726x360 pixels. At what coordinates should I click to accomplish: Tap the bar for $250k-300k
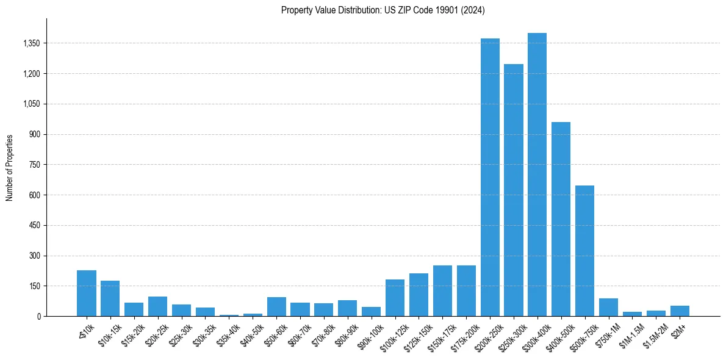point(514,190)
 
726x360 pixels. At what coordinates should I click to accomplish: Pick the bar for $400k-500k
point(561,219)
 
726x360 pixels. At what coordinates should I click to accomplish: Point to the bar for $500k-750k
point(584,251)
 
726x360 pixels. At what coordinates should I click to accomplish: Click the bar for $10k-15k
point(110,298)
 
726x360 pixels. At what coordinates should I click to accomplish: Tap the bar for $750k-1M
point(608,307)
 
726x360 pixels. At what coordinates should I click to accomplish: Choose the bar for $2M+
point(680,311)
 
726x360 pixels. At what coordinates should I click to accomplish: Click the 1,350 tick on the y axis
point(31,43)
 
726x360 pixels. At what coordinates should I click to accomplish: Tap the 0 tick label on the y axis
point(38,317)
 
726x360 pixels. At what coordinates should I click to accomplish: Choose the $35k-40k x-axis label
point(228,333)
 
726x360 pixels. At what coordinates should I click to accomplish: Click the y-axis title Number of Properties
point(9,168)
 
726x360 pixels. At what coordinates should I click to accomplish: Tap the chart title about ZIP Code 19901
point(383,10)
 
